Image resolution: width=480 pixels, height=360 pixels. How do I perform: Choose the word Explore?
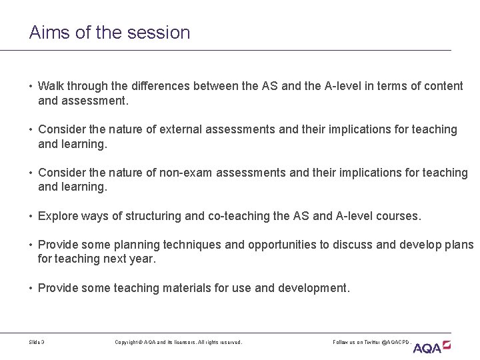[59, 216]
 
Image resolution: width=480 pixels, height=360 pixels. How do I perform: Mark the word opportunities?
[279, 245]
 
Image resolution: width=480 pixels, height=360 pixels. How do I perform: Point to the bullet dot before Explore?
[31, 216]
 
